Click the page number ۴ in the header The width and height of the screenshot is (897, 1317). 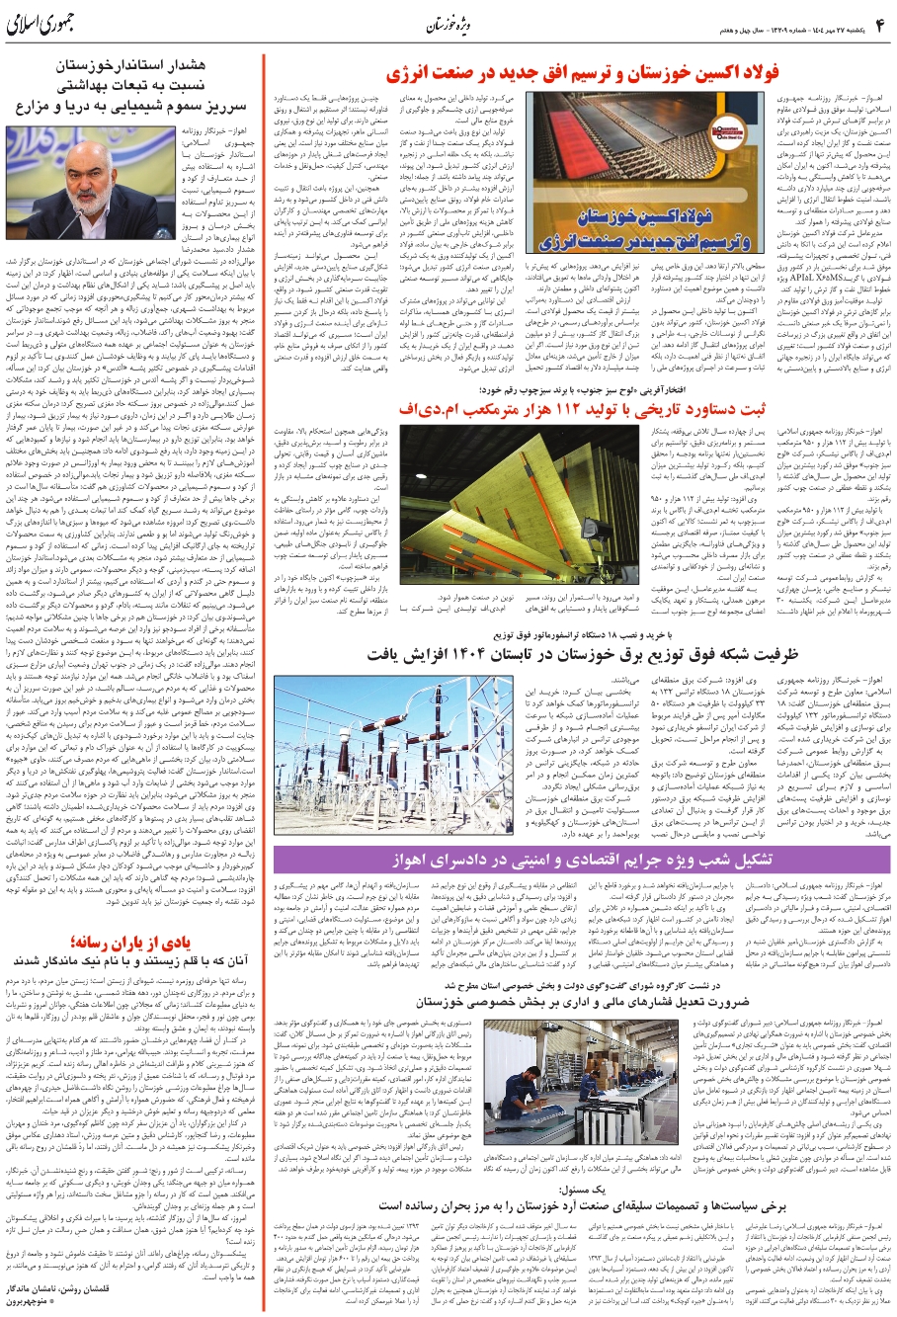878,24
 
